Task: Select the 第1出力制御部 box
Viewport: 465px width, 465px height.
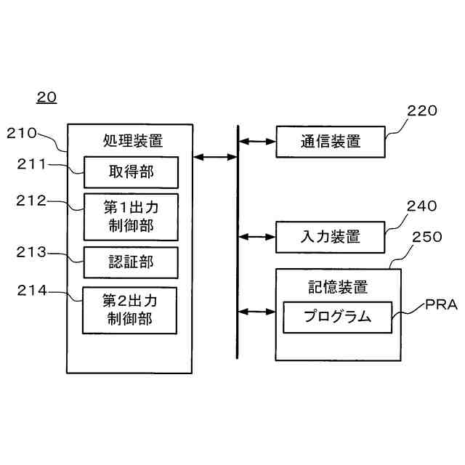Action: pyautogui.click(x=131, y=216)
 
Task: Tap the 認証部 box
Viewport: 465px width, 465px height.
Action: pyautogui.click(x=131, y=262)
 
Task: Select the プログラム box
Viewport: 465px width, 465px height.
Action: pyautogui.click(x=337, y=317)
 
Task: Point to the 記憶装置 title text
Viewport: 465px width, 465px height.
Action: pyautogui.click(x=337, y=286)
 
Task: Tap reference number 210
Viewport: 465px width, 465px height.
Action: pyautogui.click(x=21, y=133)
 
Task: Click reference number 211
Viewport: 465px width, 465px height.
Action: pyautogui.click(x=32, y=164)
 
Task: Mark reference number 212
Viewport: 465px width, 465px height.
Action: pyautogui.click(x=32, y=201)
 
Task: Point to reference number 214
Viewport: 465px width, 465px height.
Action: pyautogui.click(x=32, y=291)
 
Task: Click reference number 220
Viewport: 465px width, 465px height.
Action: pyautogui.click(x=422, y=111)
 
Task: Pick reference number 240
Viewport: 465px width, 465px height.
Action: pyautogui.click(x=422, y=206)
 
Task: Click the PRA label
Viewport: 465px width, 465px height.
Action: pyautogui.click(x=441, y=305)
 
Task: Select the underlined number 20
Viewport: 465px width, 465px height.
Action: pyautogui.click(x=46, y=97)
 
